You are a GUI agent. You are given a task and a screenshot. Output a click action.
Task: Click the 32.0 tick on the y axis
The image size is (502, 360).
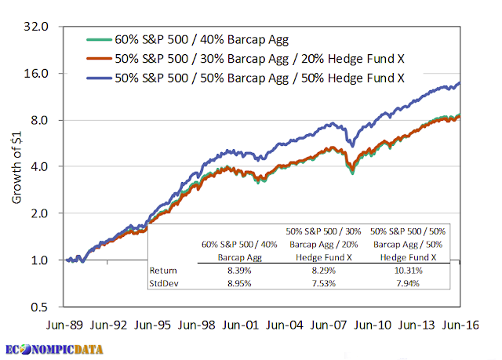pyautogui.click(x=38, y=27)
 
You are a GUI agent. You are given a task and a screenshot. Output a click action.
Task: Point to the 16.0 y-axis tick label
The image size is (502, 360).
pyautogui.click(x=38, y=74)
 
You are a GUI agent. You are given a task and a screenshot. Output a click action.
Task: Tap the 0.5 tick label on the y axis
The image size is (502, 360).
pyautogui.click(x=42, y=307)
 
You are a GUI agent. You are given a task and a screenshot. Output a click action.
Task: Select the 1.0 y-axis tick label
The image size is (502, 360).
pyautogui.click(x=42, y=260)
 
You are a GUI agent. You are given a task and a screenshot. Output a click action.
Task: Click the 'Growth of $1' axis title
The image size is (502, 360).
pyautogui.click(x=17, y=166)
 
